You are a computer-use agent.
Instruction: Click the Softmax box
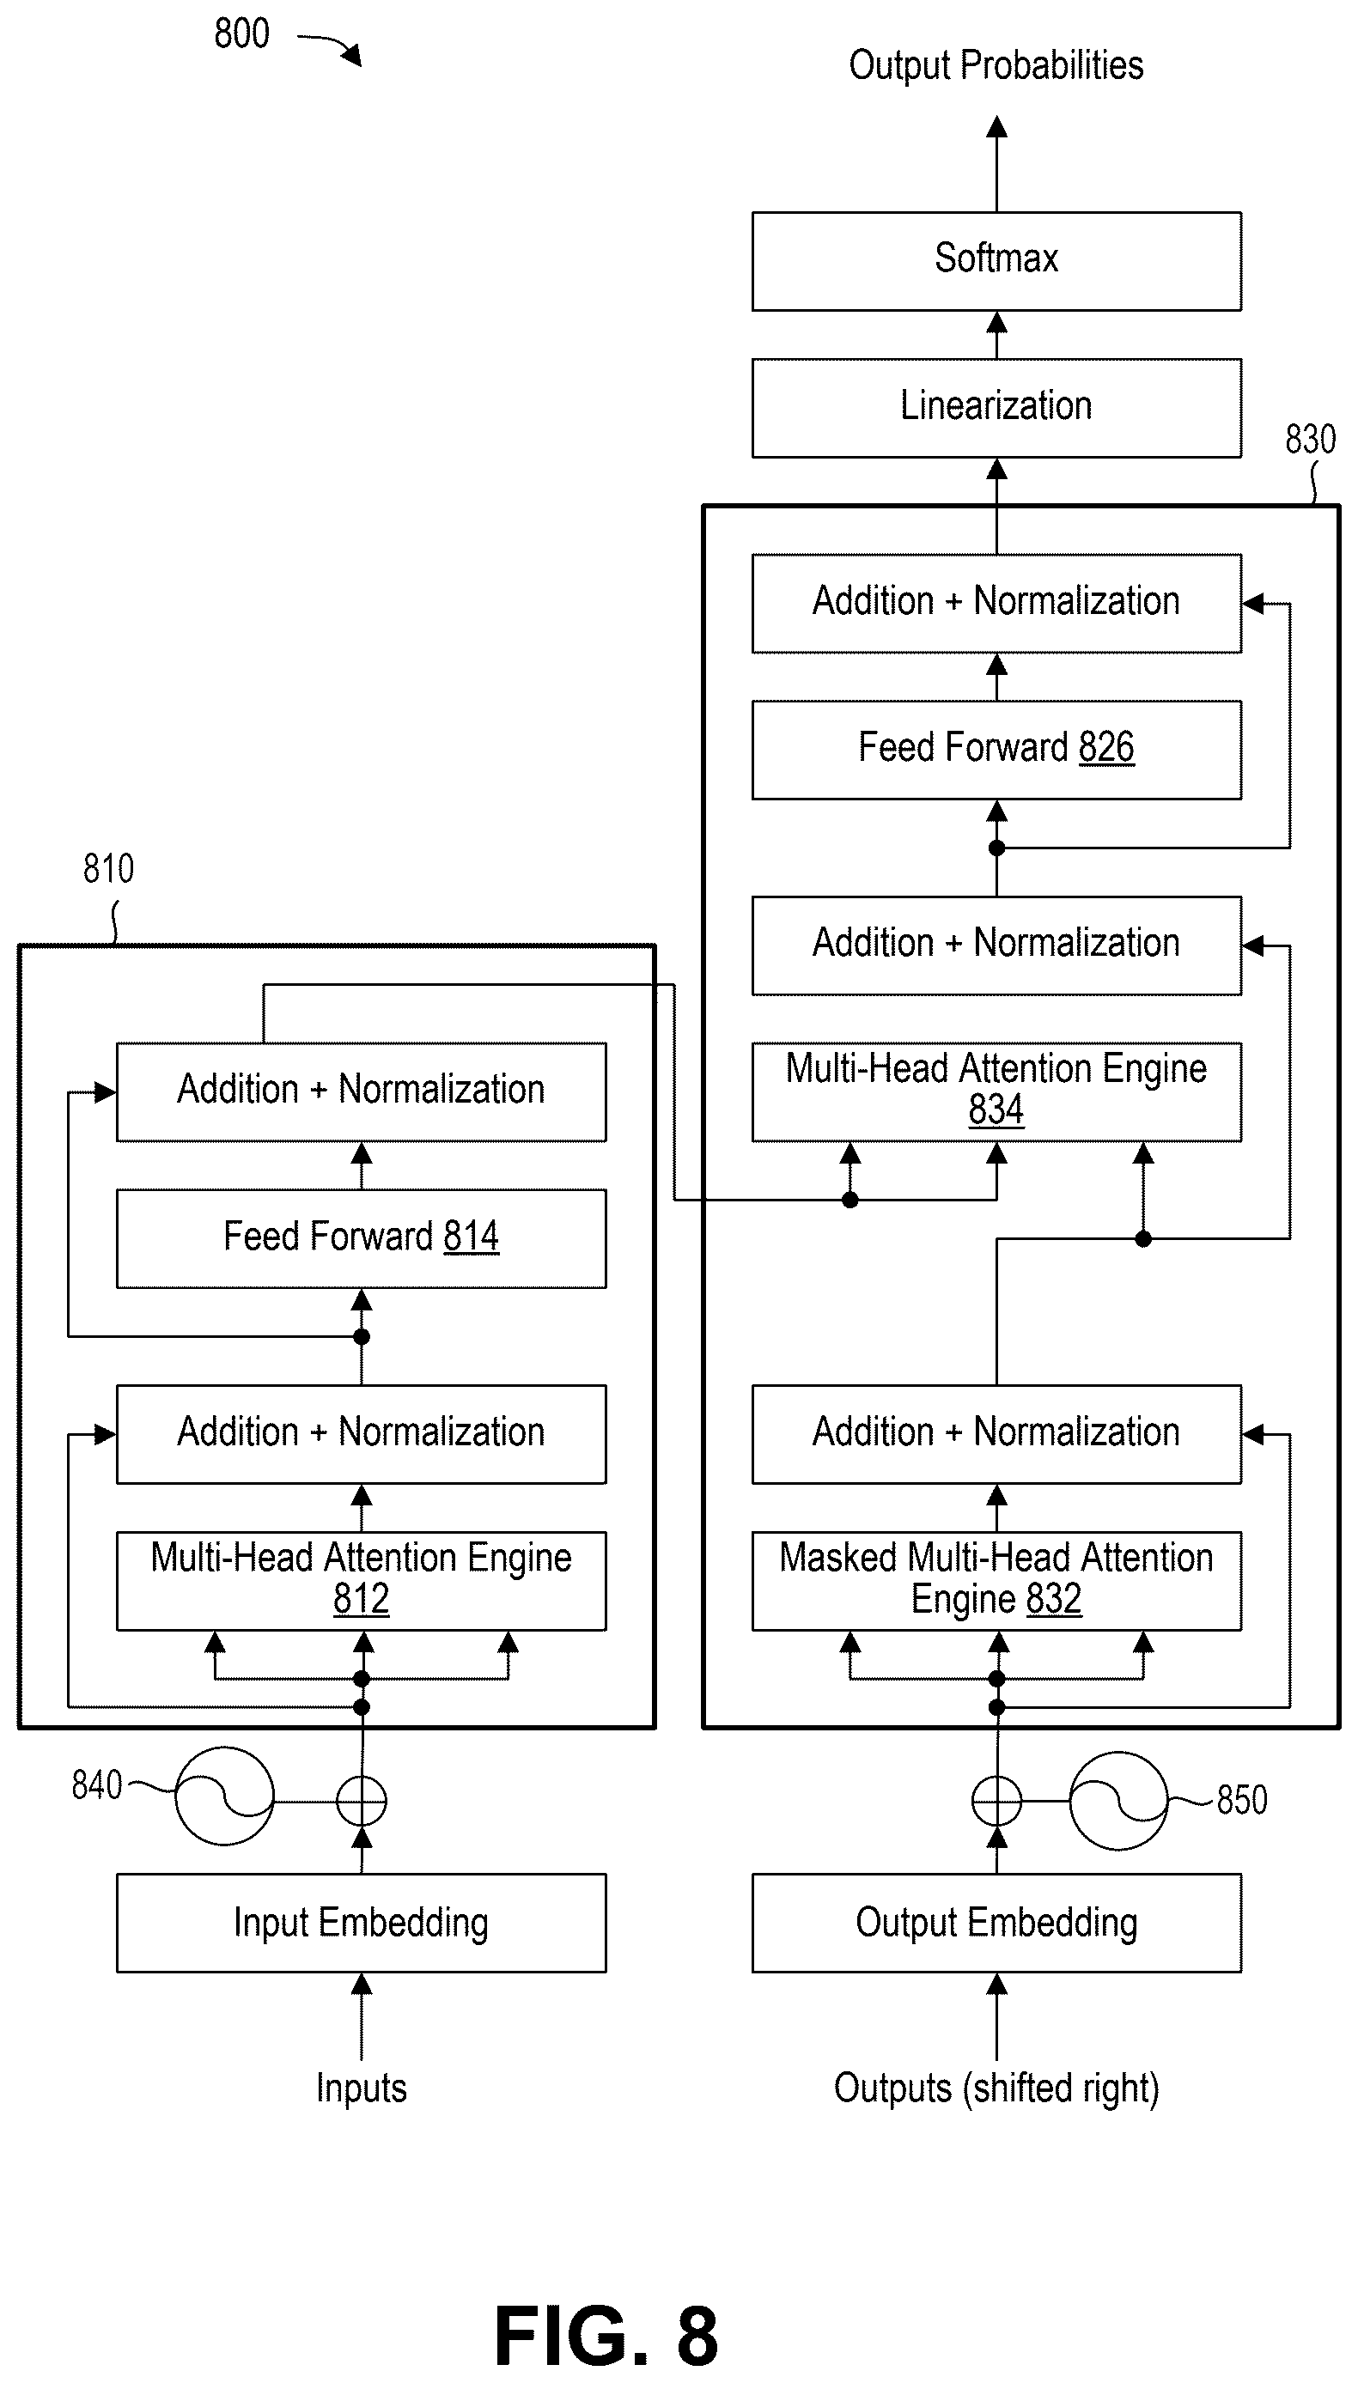tap(996, 261)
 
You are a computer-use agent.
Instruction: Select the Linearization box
tap(996, 407)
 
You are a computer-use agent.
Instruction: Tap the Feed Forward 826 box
tap(996, 750)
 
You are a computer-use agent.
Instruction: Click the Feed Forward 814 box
tap(361, 1238)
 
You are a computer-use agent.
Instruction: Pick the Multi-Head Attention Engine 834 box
tap(996, 1091)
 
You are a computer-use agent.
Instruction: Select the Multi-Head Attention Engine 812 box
tap(361, 1580)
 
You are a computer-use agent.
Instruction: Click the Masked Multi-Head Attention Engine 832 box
tap(996, 1580)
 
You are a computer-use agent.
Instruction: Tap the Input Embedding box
tap(361, 1923)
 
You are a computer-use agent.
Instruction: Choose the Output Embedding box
tap(996, 1923)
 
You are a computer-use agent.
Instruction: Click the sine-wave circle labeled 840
tap(225, 1796)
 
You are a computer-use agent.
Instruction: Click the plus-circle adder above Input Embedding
tap(361, 1800)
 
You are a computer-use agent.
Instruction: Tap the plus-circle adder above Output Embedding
tap(996, 1800)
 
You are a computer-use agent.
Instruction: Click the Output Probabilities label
tap(996, 65)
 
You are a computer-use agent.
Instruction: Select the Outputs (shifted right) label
tap(996, 2088)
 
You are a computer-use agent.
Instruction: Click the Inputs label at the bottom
tap(361, 2088)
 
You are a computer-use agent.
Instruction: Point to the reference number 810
tap(108, 869)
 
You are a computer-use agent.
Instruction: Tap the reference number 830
tap(1311, 439)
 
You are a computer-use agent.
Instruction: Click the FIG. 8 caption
tap(606, 2336)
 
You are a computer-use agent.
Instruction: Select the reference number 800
tap(241, 33)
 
